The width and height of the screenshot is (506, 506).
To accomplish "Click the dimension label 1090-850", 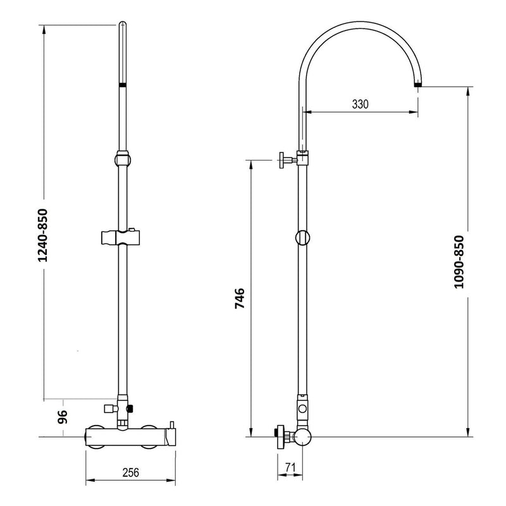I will pos(460,262).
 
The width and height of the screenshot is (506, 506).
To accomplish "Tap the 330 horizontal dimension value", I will pos(361,104).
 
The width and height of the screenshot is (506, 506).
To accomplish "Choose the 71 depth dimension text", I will pos(291,468).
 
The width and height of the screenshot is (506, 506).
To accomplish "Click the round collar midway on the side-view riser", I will pos(303,238).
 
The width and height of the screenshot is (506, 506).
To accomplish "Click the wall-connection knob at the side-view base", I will pos(279,435).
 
